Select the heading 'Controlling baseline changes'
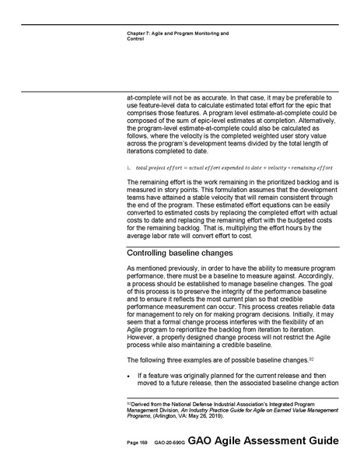click(x=180, y=254)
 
